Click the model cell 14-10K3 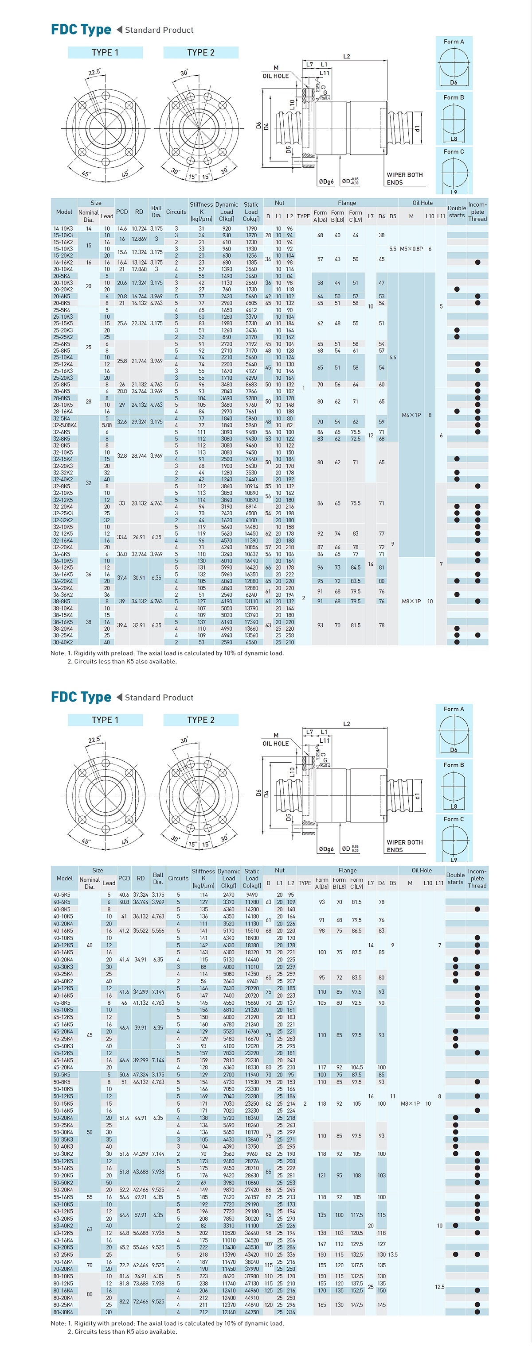(x=63, y=229)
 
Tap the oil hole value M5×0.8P (x=411, y=249)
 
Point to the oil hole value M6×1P (x=411, y=415)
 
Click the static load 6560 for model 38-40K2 (x=251, y=642)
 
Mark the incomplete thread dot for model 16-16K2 (x=477, y=262)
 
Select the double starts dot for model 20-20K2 (x=457, y=289)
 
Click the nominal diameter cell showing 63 (x=90, y=1229)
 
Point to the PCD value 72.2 (x=124, y=1265)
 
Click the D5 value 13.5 (x=392, y=1254)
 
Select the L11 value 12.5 (x=439, y=1287)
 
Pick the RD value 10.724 (x=139, y=229)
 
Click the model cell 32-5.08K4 (x=65, y=425)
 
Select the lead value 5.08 (x=107, y=425)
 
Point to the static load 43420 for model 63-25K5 (x=251, y=1254)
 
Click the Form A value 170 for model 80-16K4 (x=321, y=1290)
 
